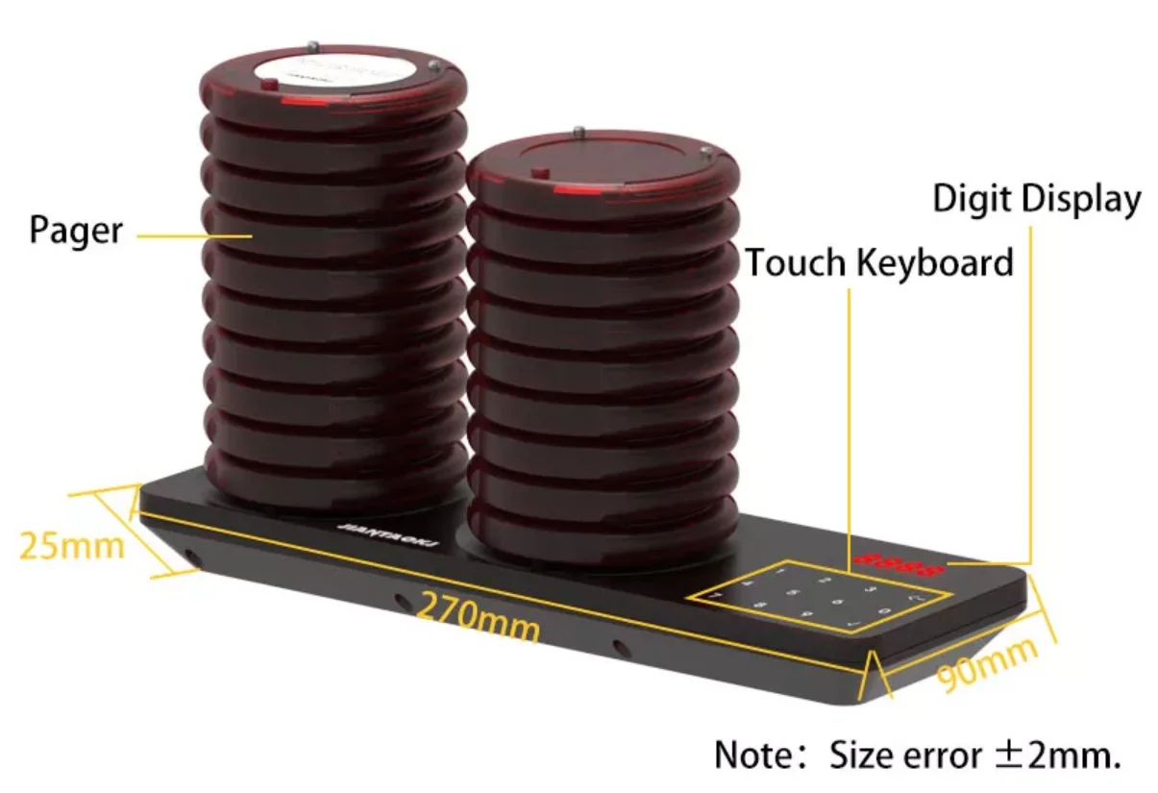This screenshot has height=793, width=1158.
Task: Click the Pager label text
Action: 76,231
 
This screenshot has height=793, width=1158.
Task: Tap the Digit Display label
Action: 1037,199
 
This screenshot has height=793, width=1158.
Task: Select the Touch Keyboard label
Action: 879,261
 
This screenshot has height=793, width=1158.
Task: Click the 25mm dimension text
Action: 71,545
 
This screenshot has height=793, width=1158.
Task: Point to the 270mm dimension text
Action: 479,616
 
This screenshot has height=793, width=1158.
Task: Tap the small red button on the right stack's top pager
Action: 539,175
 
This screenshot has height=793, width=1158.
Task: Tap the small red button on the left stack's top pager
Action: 269,86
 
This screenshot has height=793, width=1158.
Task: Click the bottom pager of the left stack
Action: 333,481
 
